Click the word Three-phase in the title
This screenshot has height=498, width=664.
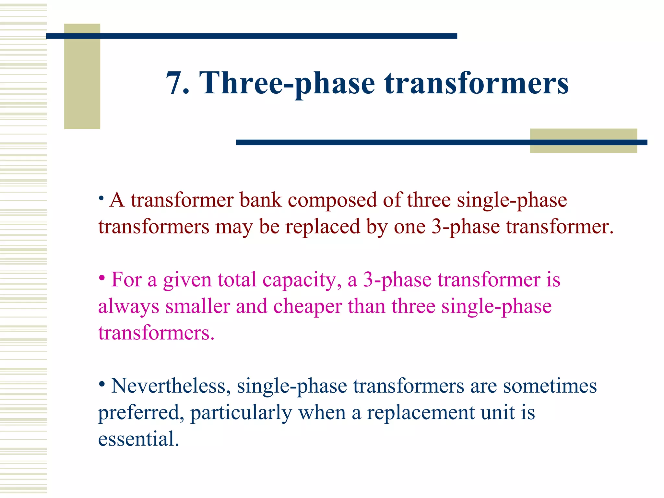(287, 83)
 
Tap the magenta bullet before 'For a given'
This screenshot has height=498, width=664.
(102, 278)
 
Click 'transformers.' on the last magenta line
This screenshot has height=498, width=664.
(156, 333)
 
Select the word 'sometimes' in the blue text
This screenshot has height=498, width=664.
(550, 386)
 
